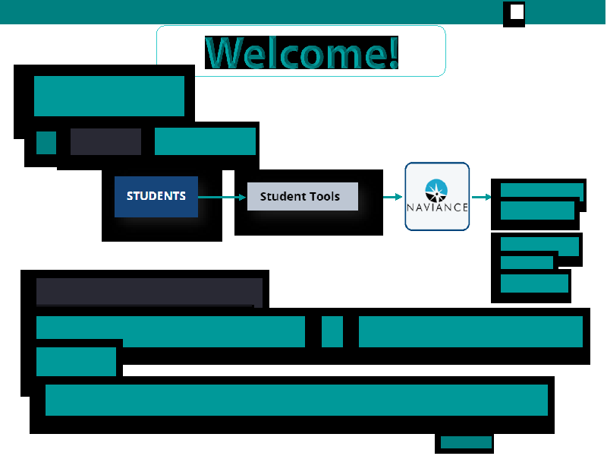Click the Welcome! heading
pos(301,52)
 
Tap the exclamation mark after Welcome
pos(394,52)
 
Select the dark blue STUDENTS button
pos(156,197)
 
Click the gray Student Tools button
pos(303,196)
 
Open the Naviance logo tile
pos(437,197)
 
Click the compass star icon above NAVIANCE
pos(436,191)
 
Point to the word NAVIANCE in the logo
pos(437,207)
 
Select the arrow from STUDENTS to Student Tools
pos(222,198)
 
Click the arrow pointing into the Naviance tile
pos(393,197)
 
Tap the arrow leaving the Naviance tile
pos(482,197)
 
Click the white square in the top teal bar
pos(517,11)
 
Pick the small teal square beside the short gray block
pos(46,143)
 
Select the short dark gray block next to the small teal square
pos(105,141)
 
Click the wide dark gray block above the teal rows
pos(149,291)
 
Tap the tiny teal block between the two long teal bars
pos(332,331)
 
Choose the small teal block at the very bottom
pos(466,442)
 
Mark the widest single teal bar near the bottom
pos(297,401)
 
